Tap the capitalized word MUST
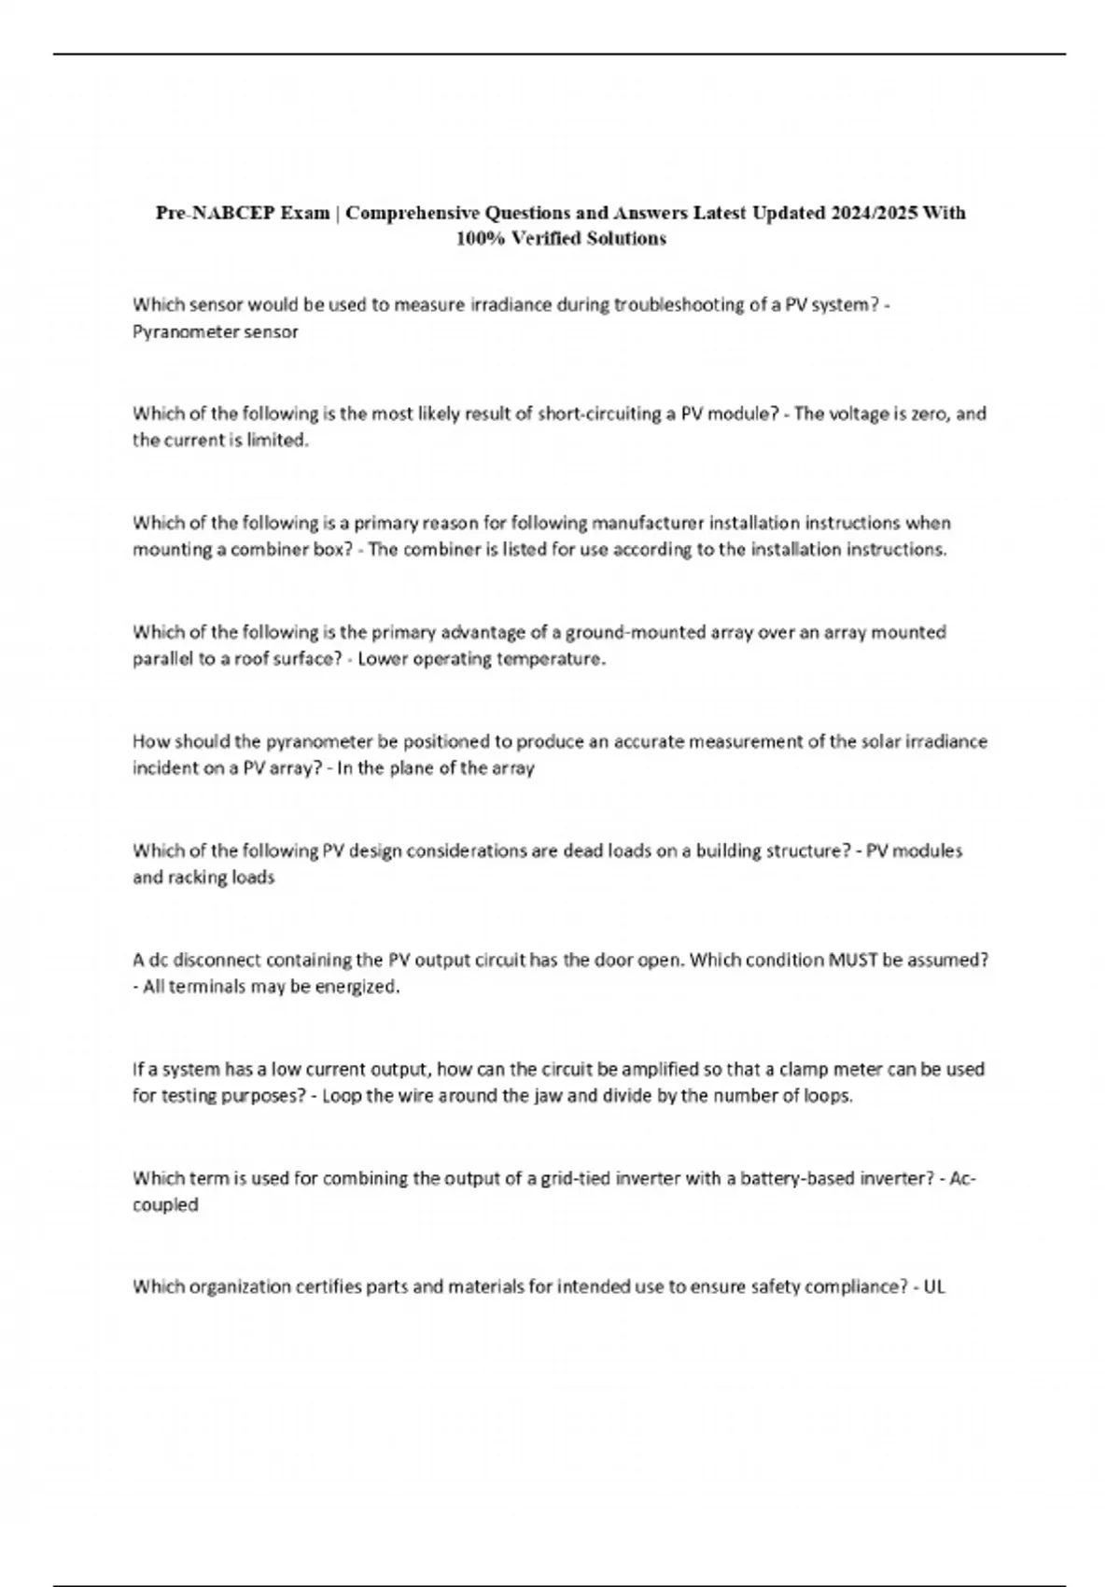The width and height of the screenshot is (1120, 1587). [849, 960]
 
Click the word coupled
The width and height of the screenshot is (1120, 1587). [165, 1205]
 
